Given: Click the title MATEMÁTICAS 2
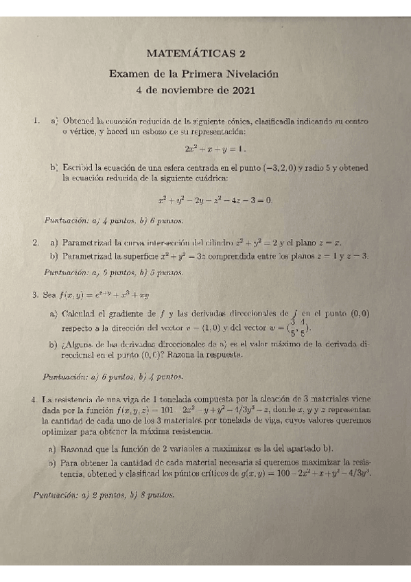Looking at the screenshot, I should point(196,53).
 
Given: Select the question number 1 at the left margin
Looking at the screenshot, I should point(35,121).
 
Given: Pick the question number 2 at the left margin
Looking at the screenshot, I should point(35,243).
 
